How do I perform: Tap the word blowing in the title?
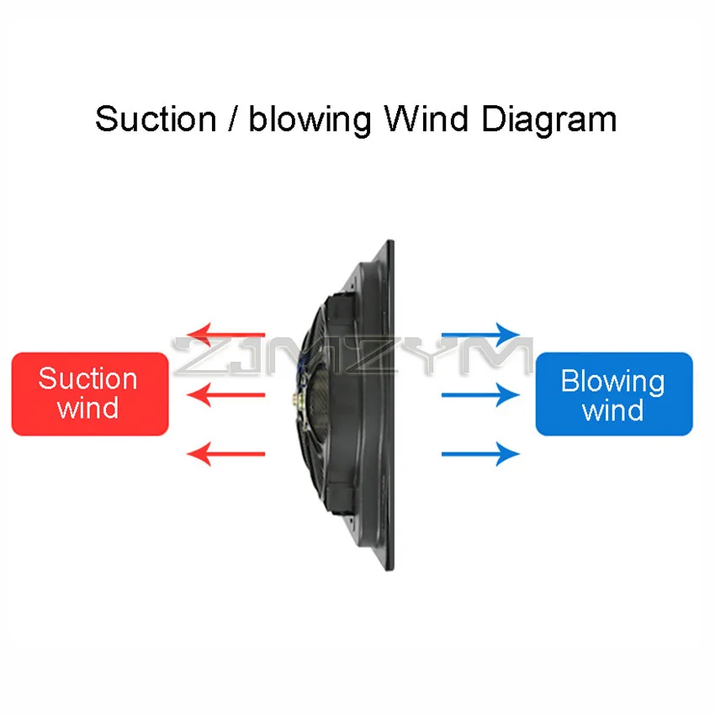[309, 119]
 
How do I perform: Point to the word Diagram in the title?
[549, 120]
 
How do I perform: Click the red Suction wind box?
[90, 394]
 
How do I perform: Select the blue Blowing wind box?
[614, 394]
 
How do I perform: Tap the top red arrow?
[225, 334]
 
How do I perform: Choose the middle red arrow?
[225, 394]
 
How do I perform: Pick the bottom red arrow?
[225, 454]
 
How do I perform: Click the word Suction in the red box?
[87, 379]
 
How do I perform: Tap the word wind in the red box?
[87, 409]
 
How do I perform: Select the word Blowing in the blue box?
[612, 381]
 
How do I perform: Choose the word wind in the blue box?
[612, 411]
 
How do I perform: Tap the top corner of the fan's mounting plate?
[389, 245]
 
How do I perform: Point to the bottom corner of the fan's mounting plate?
[389, 568]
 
